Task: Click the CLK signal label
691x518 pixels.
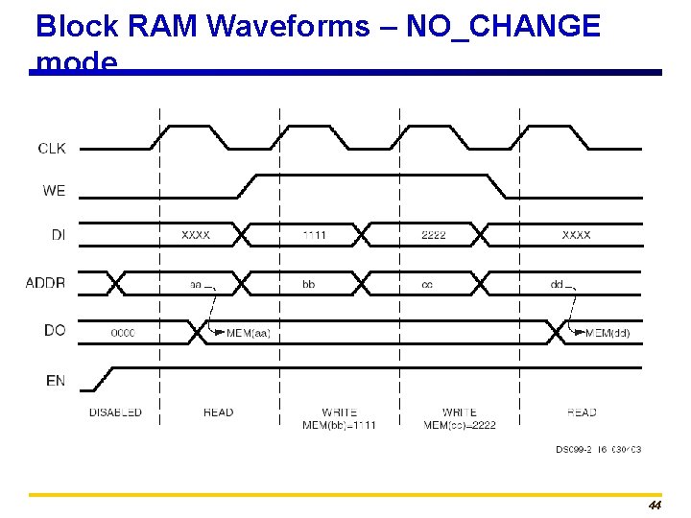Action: pos(52,149)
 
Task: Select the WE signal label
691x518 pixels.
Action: pos(54,191)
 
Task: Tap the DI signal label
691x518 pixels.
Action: pos(57,234)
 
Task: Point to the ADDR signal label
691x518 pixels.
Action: pos(45,282)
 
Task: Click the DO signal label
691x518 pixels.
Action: pos(55,330)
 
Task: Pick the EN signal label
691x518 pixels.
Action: pos(56,381)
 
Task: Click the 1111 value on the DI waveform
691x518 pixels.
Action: pos(314,235)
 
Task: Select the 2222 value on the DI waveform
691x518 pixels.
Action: pos(434,235)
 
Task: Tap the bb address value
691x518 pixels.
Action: pos(308,284)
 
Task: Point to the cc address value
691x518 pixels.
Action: pos(427,284)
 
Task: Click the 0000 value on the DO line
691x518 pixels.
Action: pos(123,333)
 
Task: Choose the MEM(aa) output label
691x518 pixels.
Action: pos(249,333)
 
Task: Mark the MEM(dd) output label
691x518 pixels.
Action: pos(608,333)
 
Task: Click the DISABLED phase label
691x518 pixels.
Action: pos(115,412)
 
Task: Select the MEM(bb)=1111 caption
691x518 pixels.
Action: pos(339,425)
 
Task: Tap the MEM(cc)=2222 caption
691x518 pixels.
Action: pos(460,425)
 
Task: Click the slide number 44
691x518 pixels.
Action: pos(655,506)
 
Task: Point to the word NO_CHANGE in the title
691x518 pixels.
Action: pos(503,26)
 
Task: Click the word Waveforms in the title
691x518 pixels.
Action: pos(288,26)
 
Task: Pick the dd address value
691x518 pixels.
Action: pos(557,284)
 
